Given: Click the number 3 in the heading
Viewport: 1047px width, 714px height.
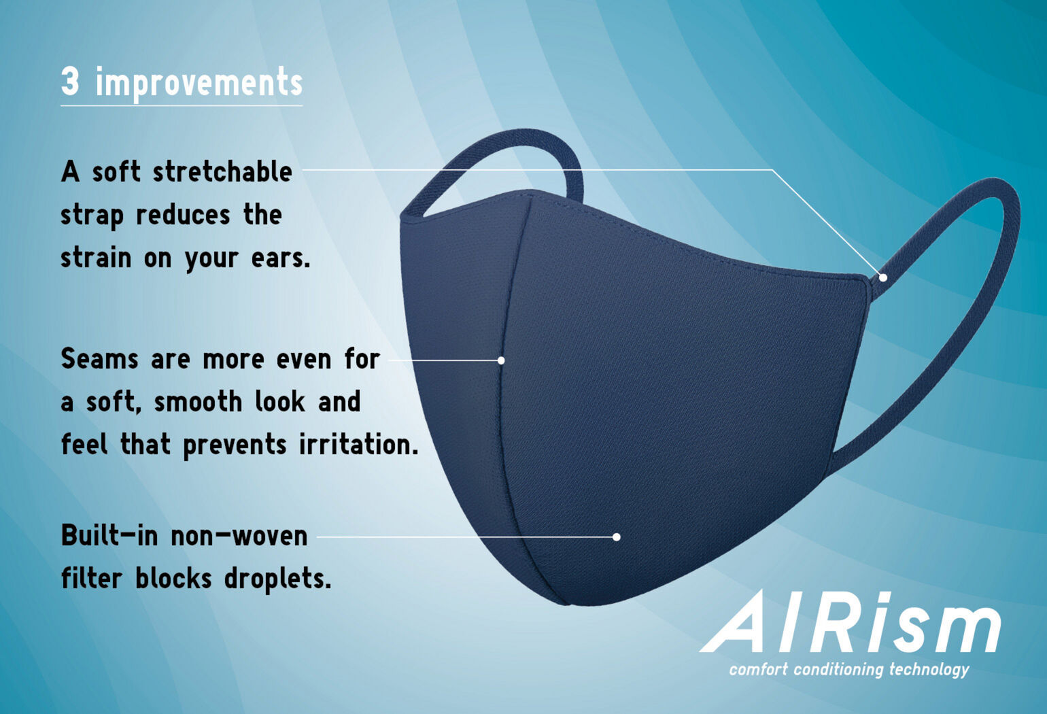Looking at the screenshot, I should tap(70, 82).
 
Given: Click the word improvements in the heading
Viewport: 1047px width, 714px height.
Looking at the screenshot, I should tap(199, 84).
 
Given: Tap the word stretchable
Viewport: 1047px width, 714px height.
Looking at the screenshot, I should tap(222, 171).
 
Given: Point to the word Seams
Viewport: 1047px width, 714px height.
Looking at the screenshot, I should tap(99, 358).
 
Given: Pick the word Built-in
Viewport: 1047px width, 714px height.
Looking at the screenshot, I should tap(109, 536).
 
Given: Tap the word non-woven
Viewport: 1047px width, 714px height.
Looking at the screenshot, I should tap(239, 536).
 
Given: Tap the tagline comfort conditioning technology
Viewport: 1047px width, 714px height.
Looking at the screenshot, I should tap(849, 669).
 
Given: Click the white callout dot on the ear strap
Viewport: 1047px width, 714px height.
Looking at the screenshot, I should tap(882, 277).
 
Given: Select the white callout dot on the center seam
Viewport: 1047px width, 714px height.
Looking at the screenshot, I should tap(501, 360).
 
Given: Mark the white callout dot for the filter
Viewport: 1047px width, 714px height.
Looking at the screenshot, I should tap(616, 537).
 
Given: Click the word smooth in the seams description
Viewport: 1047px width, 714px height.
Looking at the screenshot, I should tap(196, 402).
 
